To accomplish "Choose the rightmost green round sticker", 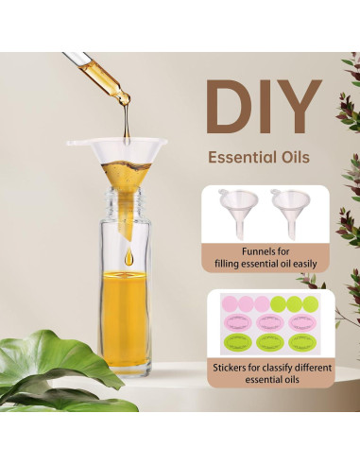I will tap(310, 303).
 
